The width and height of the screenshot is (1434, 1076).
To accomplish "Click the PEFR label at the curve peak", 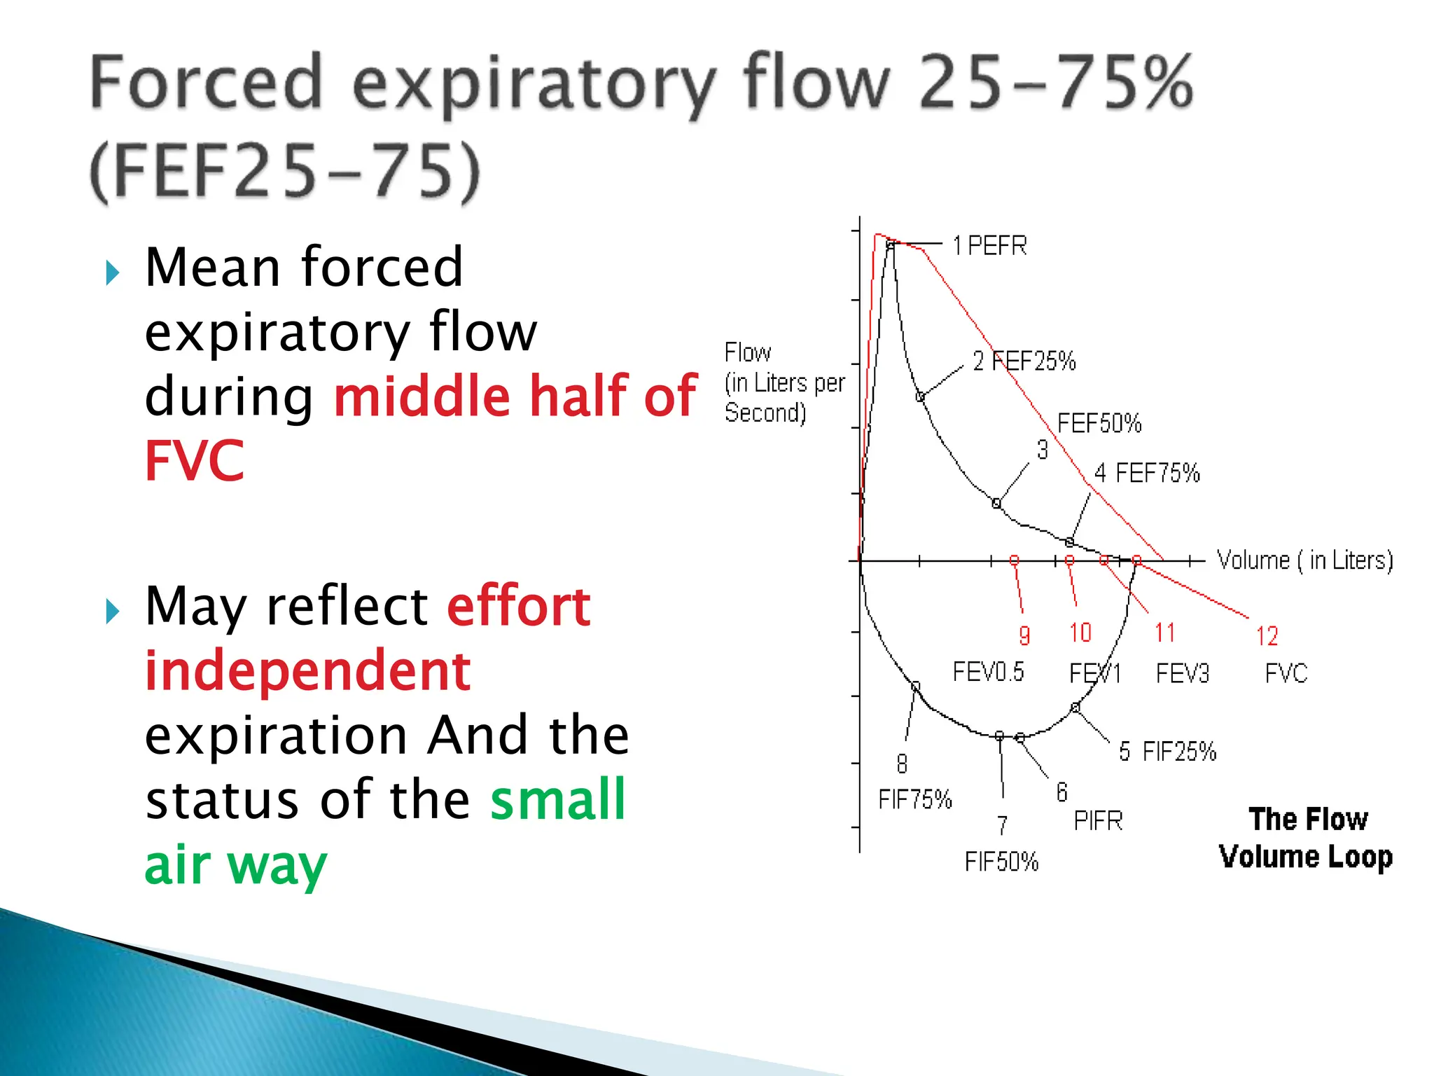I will pyautogui.click(x=996, y=246).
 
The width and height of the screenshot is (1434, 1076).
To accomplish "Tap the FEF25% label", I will pyautogui.click(x=1033, y=361).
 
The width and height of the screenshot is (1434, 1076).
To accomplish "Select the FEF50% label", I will pyautogui.click(x=1099, y=423).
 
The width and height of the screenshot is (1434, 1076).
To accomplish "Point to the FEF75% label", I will pyautogui.click(x=1157, y=473).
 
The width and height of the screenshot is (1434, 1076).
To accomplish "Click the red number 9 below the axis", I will pyautogui.click(x=1024, y=635).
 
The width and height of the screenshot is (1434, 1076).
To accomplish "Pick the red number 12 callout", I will pyautogui.click(x=1267, y=636).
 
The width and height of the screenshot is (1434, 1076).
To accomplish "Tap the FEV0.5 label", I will pyautogui.click(x=988, y=672).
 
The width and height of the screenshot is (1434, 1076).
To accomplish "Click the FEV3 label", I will pyautogui.click(x=1182, y=673).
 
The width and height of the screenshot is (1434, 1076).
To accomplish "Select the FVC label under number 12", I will pyautogui.click(x=1286, y=673).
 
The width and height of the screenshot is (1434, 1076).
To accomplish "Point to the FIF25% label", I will pyautogui.click(x=1179, y=752).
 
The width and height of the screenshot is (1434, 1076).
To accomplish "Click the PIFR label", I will pyautogui.click(x=1098, y=820).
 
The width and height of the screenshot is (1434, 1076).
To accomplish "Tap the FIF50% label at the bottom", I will pyautogui.click(x=1001, y=862).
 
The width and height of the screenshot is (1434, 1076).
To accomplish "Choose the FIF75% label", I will pyautogui.click(x=915, y=799).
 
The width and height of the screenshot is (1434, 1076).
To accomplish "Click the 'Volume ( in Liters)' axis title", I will pyautogui.click(x=1304, y=560).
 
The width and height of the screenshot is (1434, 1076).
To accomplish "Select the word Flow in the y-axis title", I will pyautogui.click(x=747, y=352).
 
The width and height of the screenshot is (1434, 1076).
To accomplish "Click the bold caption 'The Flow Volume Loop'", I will pyautogui.click(x=1306, y=838).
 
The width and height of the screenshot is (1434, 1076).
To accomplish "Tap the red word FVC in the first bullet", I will pyautogui.click(x=195, y=460).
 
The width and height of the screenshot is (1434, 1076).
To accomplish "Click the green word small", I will pyautogui.click(x=557, y=799).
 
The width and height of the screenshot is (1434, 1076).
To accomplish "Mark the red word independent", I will pyautogui.click(x=307, y=670).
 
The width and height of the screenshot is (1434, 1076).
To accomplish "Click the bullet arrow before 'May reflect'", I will pyautogui.click(x=112, y=612).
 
